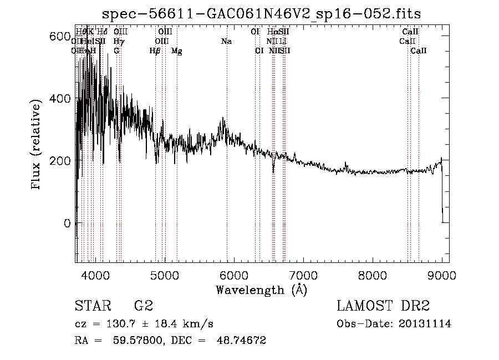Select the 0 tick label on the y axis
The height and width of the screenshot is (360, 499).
click(67, 224)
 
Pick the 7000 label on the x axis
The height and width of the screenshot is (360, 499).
click(303, 274)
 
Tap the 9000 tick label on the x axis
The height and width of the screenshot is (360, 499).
click(441, 274)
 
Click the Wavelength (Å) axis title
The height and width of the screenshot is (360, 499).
click(261, 289)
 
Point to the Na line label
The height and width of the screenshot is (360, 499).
click(226, 42)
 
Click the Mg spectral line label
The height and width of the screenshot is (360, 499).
click(176, 51)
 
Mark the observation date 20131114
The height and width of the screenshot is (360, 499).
click(424, 324)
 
